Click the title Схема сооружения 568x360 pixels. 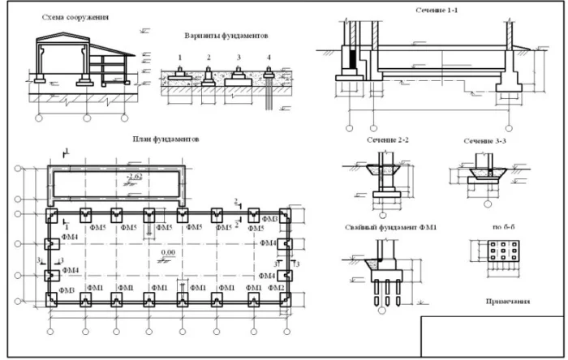pos(75,16)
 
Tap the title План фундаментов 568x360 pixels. pos(166,139)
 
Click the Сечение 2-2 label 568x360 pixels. pos(387,140)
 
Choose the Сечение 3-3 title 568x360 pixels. pos(486,141)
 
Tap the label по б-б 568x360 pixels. pos(497,228)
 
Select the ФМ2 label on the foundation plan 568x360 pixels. pos(276,288)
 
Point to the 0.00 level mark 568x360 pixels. pos(168,253)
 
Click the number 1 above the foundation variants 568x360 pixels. pos(180,58)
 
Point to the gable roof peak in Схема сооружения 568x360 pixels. pos(61,36)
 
